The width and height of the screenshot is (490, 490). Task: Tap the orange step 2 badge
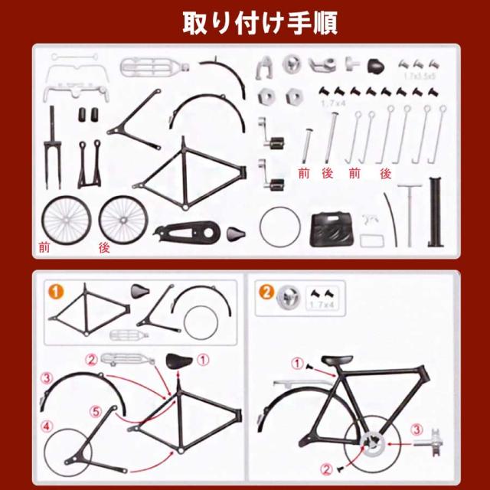[265, 291]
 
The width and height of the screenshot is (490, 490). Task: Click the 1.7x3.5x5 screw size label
[420, 77]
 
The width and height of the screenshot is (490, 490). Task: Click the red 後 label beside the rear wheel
[105, 247]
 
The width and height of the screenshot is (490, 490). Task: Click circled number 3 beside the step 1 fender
[47, 377]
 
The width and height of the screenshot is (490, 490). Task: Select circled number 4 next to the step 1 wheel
[47, 426]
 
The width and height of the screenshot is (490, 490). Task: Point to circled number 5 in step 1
[95, 411]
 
